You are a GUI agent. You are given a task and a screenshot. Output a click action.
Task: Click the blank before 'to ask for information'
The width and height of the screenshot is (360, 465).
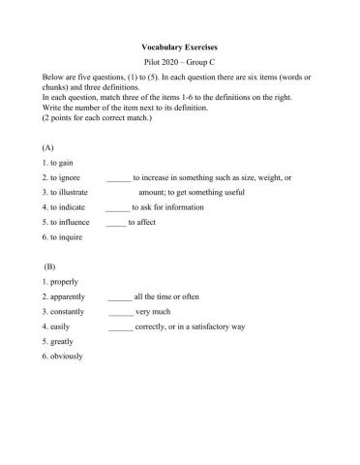click(117, 207)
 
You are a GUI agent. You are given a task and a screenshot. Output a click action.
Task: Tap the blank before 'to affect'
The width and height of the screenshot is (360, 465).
click(115, 222)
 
